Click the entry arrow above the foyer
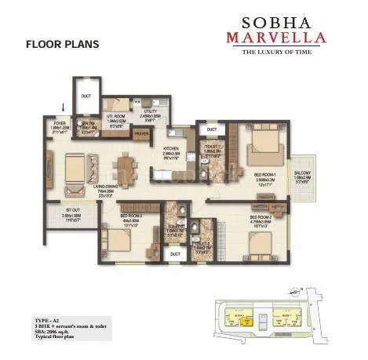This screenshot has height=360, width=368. (64, 108)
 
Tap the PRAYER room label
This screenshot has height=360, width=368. (141, 134)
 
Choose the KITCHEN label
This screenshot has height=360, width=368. (172, 148)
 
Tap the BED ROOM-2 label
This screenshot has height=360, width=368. (260, 216)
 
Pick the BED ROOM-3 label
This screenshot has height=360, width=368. (130, 216)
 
